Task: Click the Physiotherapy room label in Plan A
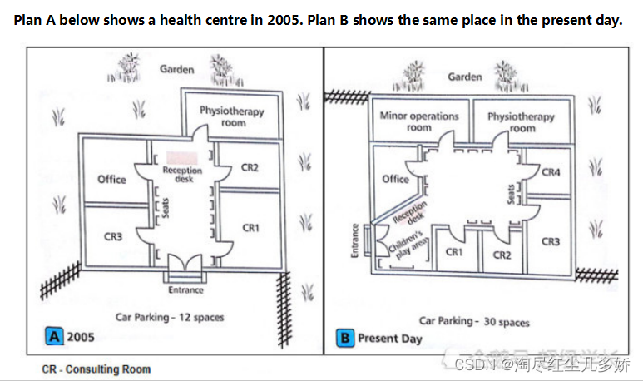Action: coord(231,116)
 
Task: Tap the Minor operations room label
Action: coord(418,121)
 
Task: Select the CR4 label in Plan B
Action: coord(551,172)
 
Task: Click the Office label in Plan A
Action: coord(111,179)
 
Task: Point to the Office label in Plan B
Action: coord(395,179)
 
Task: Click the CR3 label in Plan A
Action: coord(113,236)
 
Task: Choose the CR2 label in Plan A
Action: coord(250,167)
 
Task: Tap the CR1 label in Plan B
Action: coord(454,252)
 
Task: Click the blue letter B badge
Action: coord(344,338)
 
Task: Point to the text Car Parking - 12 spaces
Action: coord(169,317)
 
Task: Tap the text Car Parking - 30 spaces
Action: coord(473,321)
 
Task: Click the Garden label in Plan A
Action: coord(176,69)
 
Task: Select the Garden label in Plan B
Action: coord(464,77)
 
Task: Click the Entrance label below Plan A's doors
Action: coord(185,289)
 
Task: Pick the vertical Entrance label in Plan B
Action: coord(355,240)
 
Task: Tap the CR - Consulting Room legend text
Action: coord(96,369)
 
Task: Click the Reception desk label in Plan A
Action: coord(182,174)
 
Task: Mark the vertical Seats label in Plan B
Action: coord(512,193)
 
